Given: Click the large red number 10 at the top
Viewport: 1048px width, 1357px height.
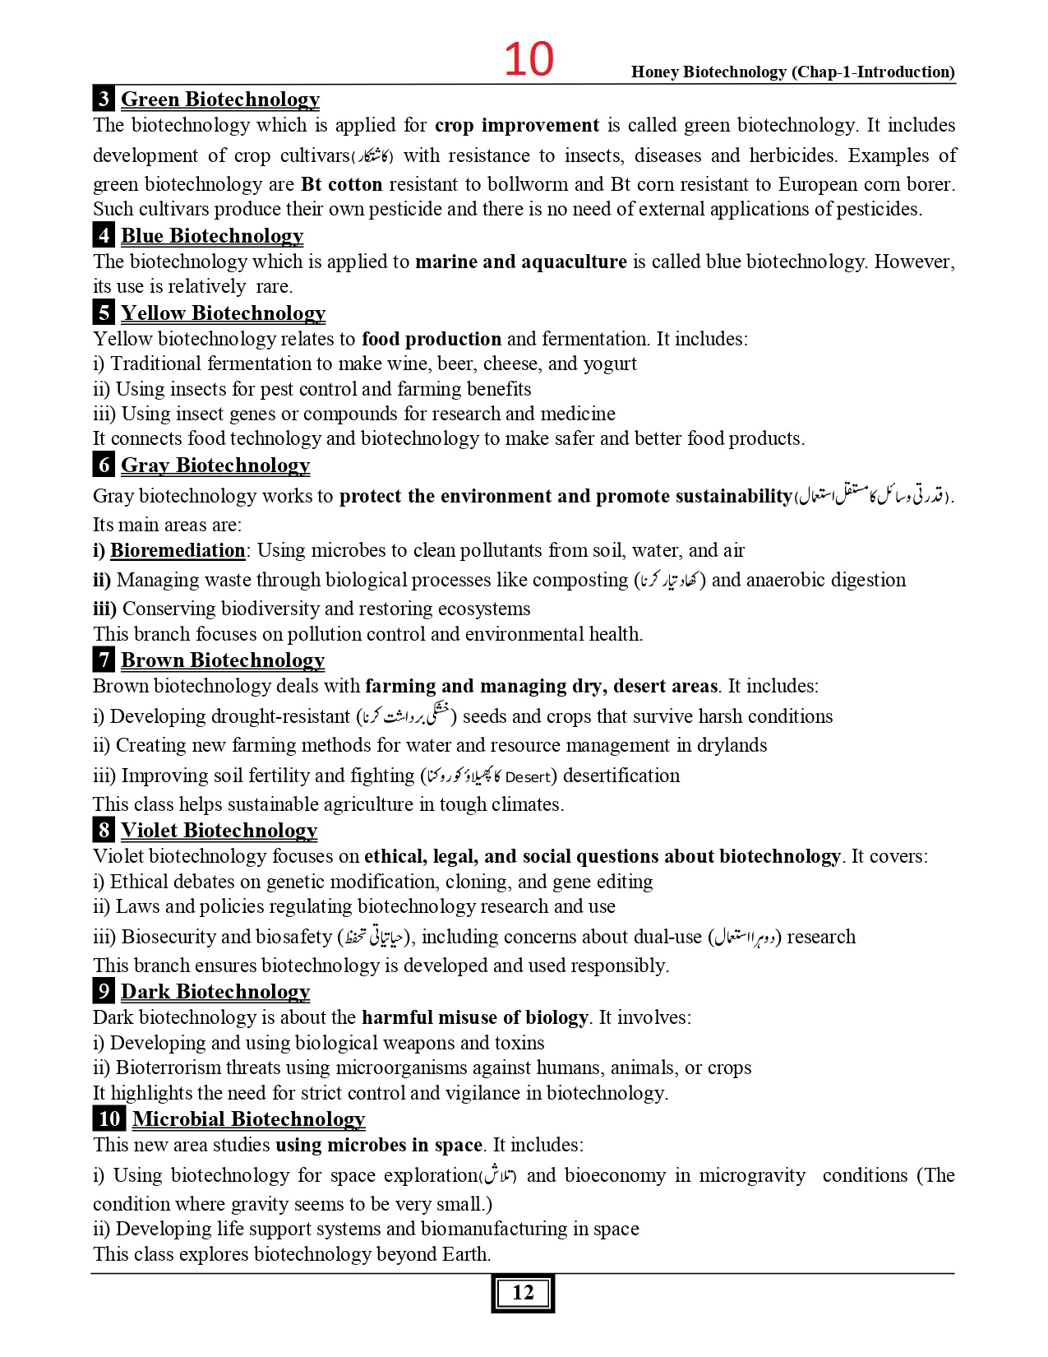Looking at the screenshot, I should pyautogui.click(x=529, y=60).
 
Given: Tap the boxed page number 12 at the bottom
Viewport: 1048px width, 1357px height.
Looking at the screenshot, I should pyautogui.click(x=523, y=1293).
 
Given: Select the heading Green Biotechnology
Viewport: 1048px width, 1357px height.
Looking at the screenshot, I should pyautogui.click(x=220, y=100).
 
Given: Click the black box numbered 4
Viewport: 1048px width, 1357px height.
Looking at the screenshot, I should pyautogui.click(x=104, y=236).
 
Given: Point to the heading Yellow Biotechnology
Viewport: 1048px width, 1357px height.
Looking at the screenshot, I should pyautogui.click(x=223, y=313).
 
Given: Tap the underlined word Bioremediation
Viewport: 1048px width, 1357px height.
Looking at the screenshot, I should pyautogui.click(x=178, y=550).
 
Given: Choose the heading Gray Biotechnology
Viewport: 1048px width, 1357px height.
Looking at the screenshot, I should pyautogui.click(x=215, y=465).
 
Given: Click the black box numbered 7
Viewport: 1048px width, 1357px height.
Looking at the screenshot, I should pyautogui.click(x=104, y=660).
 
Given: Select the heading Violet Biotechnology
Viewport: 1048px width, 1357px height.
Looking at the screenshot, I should pyautogui.click(x=219, y=831).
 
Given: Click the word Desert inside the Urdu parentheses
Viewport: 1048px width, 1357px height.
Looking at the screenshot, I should pyautogui.click(x=527, y=777).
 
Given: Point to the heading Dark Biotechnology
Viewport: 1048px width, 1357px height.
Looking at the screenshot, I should pyautogui.click(x=215, y=992).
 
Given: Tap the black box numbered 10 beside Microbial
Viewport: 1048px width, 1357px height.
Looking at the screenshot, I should pyautogui.click(x=108, y=1119).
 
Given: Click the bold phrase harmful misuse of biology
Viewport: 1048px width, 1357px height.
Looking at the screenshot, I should pyautogui.click(x=475, y=1017).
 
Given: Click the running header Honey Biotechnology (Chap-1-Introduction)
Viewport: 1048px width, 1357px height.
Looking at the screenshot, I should pyautogui.click(x=792, y=72).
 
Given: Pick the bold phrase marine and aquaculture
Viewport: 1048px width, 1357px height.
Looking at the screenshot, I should pyautogui.click(x=521, y=262).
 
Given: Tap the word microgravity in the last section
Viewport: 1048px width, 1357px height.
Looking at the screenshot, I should pyautogui.click(x=752, y=1175).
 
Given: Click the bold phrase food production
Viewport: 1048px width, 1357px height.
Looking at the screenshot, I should pyautogui.click(x=432, y=339).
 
